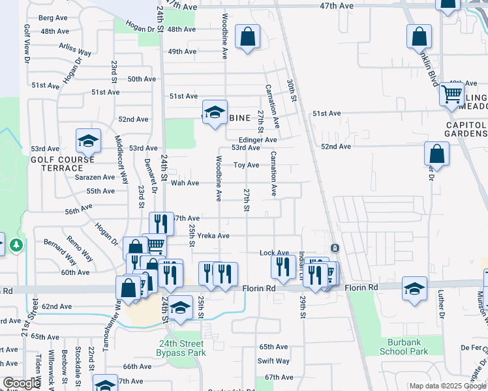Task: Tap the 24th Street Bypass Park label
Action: pos(181,348)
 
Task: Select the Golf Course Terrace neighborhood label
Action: pos(62,163)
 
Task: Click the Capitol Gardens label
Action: pos(466,129)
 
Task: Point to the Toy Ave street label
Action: pos(247,165)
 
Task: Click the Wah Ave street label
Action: pos(185,183)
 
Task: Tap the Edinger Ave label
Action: pos(258,139)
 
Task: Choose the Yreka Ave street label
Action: pos(214,236)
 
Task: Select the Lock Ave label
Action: pos(274,253)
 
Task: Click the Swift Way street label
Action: pos(273,361)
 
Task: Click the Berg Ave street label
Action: pos(54,18)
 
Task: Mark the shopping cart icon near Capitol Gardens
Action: pos(451,94)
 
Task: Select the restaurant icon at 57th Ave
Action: pos(161,224)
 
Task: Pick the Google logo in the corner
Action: pos(22,383)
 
